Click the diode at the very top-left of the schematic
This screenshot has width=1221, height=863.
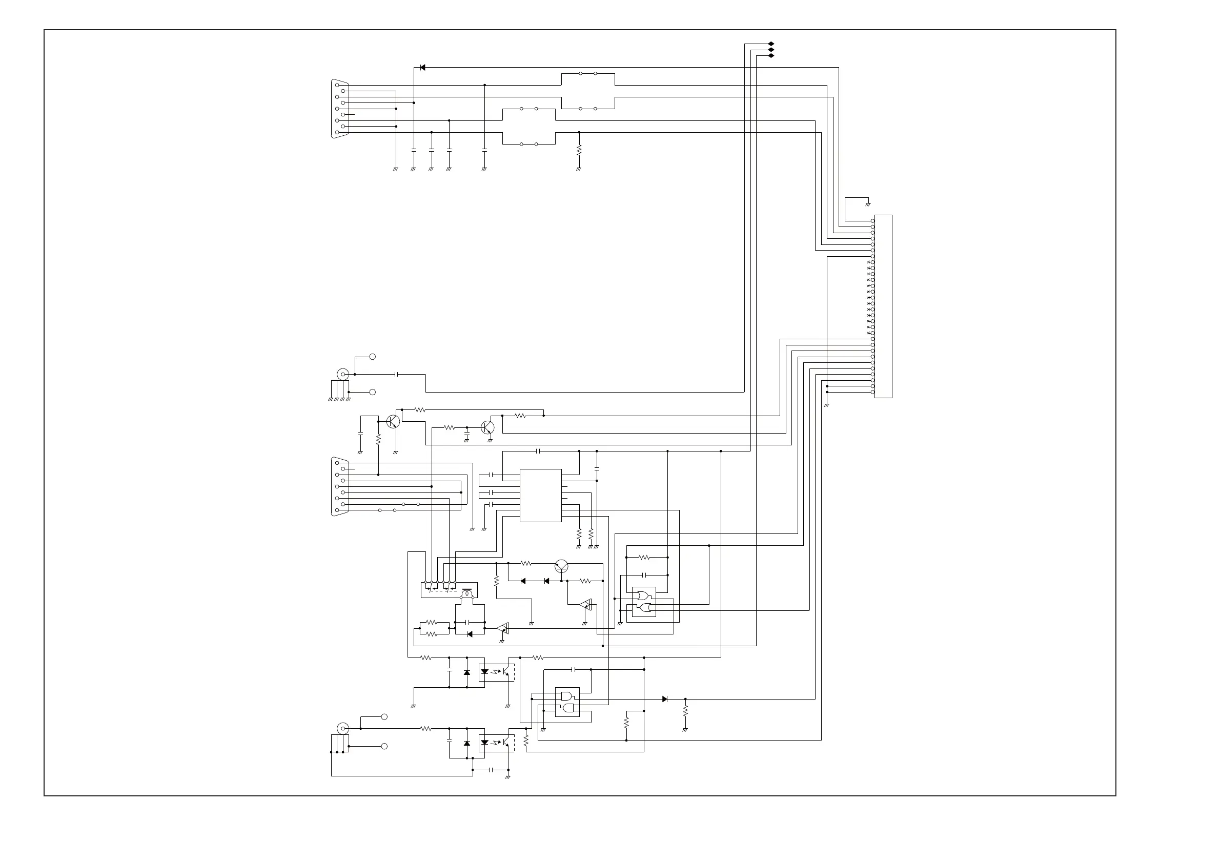click(x=422, y=68)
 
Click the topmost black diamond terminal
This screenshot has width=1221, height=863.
click(x=771, y=44)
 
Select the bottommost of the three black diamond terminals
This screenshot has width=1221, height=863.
click(x=771, y=55)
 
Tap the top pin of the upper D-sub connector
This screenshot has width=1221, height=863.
click(x=337, y=85)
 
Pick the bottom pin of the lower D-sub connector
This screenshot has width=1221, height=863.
click(x=337, y=510)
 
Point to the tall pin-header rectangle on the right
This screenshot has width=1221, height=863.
click(x=883, y=306)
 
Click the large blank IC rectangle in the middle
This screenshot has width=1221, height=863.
click(x=540, y=495)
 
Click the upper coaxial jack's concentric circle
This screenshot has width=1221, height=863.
click(x=343, y=374)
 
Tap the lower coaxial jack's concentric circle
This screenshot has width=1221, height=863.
click(x=343, y=728)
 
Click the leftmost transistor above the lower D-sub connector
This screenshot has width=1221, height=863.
click(x=394, y=422)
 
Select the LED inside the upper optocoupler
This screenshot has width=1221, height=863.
click(x=484, y=671)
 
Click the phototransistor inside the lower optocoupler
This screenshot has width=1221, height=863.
click(x=506, y=742)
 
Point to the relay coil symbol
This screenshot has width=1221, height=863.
click(x=467, y=592)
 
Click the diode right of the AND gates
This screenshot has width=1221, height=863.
click(x=665, y=699)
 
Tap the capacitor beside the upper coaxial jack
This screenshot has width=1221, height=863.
click(x=397, y=374)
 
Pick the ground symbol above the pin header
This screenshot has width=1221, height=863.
click(x=868, y=204)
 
